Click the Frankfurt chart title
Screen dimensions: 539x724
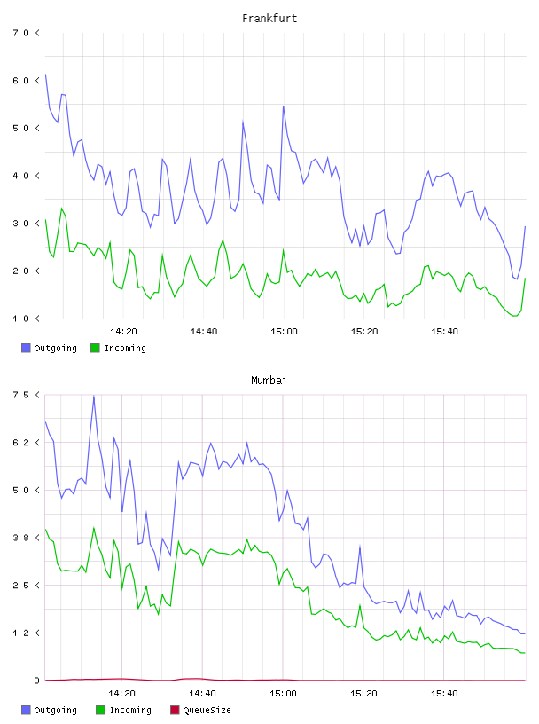[269, 18]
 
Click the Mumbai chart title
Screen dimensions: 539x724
[269, 380]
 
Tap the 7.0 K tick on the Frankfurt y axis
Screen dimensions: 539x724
[26, 33]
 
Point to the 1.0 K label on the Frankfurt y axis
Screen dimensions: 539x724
[26, 319]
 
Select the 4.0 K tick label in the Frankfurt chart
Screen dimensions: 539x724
[26, 176]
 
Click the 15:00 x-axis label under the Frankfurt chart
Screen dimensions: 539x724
[284, 331]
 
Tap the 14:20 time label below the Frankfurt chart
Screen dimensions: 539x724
[123, 331]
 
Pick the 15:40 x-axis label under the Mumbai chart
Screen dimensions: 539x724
[444, 693]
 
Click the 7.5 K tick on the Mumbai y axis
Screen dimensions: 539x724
[26, 395]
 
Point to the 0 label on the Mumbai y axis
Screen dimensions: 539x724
[36, 681]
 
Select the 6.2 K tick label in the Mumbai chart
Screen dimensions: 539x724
[26, 443]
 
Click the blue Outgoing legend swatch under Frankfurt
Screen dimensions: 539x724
[26, 348]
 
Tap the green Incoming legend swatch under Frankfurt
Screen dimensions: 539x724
[95, 348]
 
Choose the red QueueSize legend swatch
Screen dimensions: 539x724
[175, 710]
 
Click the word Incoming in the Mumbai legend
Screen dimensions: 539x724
[130, 710]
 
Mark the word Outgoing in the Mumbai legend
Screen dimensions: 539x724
[55, 710]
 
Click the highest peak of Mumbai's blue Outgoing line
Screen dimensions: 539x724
[94, 396]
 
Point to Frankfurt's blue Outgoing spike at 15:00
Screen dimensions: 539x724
[284, 106]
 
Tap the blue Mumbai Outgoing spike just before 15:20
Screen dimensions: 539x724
[360, 547]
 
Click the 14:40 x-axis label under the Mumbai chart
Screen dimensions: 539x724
[202, 693]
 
